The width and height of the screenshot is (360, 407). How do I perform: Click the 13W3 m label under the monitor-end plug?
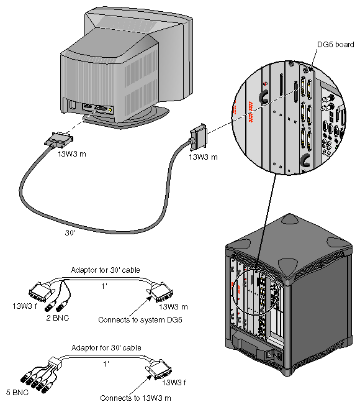72,153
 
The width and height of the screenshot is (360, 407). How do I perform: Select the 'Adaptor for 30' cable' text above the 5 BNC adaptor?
106,347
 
